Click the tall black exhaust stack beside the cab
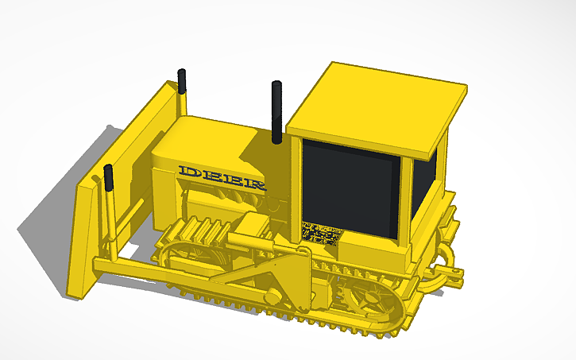click(x=277, y=111)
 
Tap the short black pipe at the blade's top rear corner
click(x=182, y=82)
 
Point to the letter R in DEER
click(x=255, y=184)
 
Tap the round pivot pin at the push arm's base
click(x=273, y=297)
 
